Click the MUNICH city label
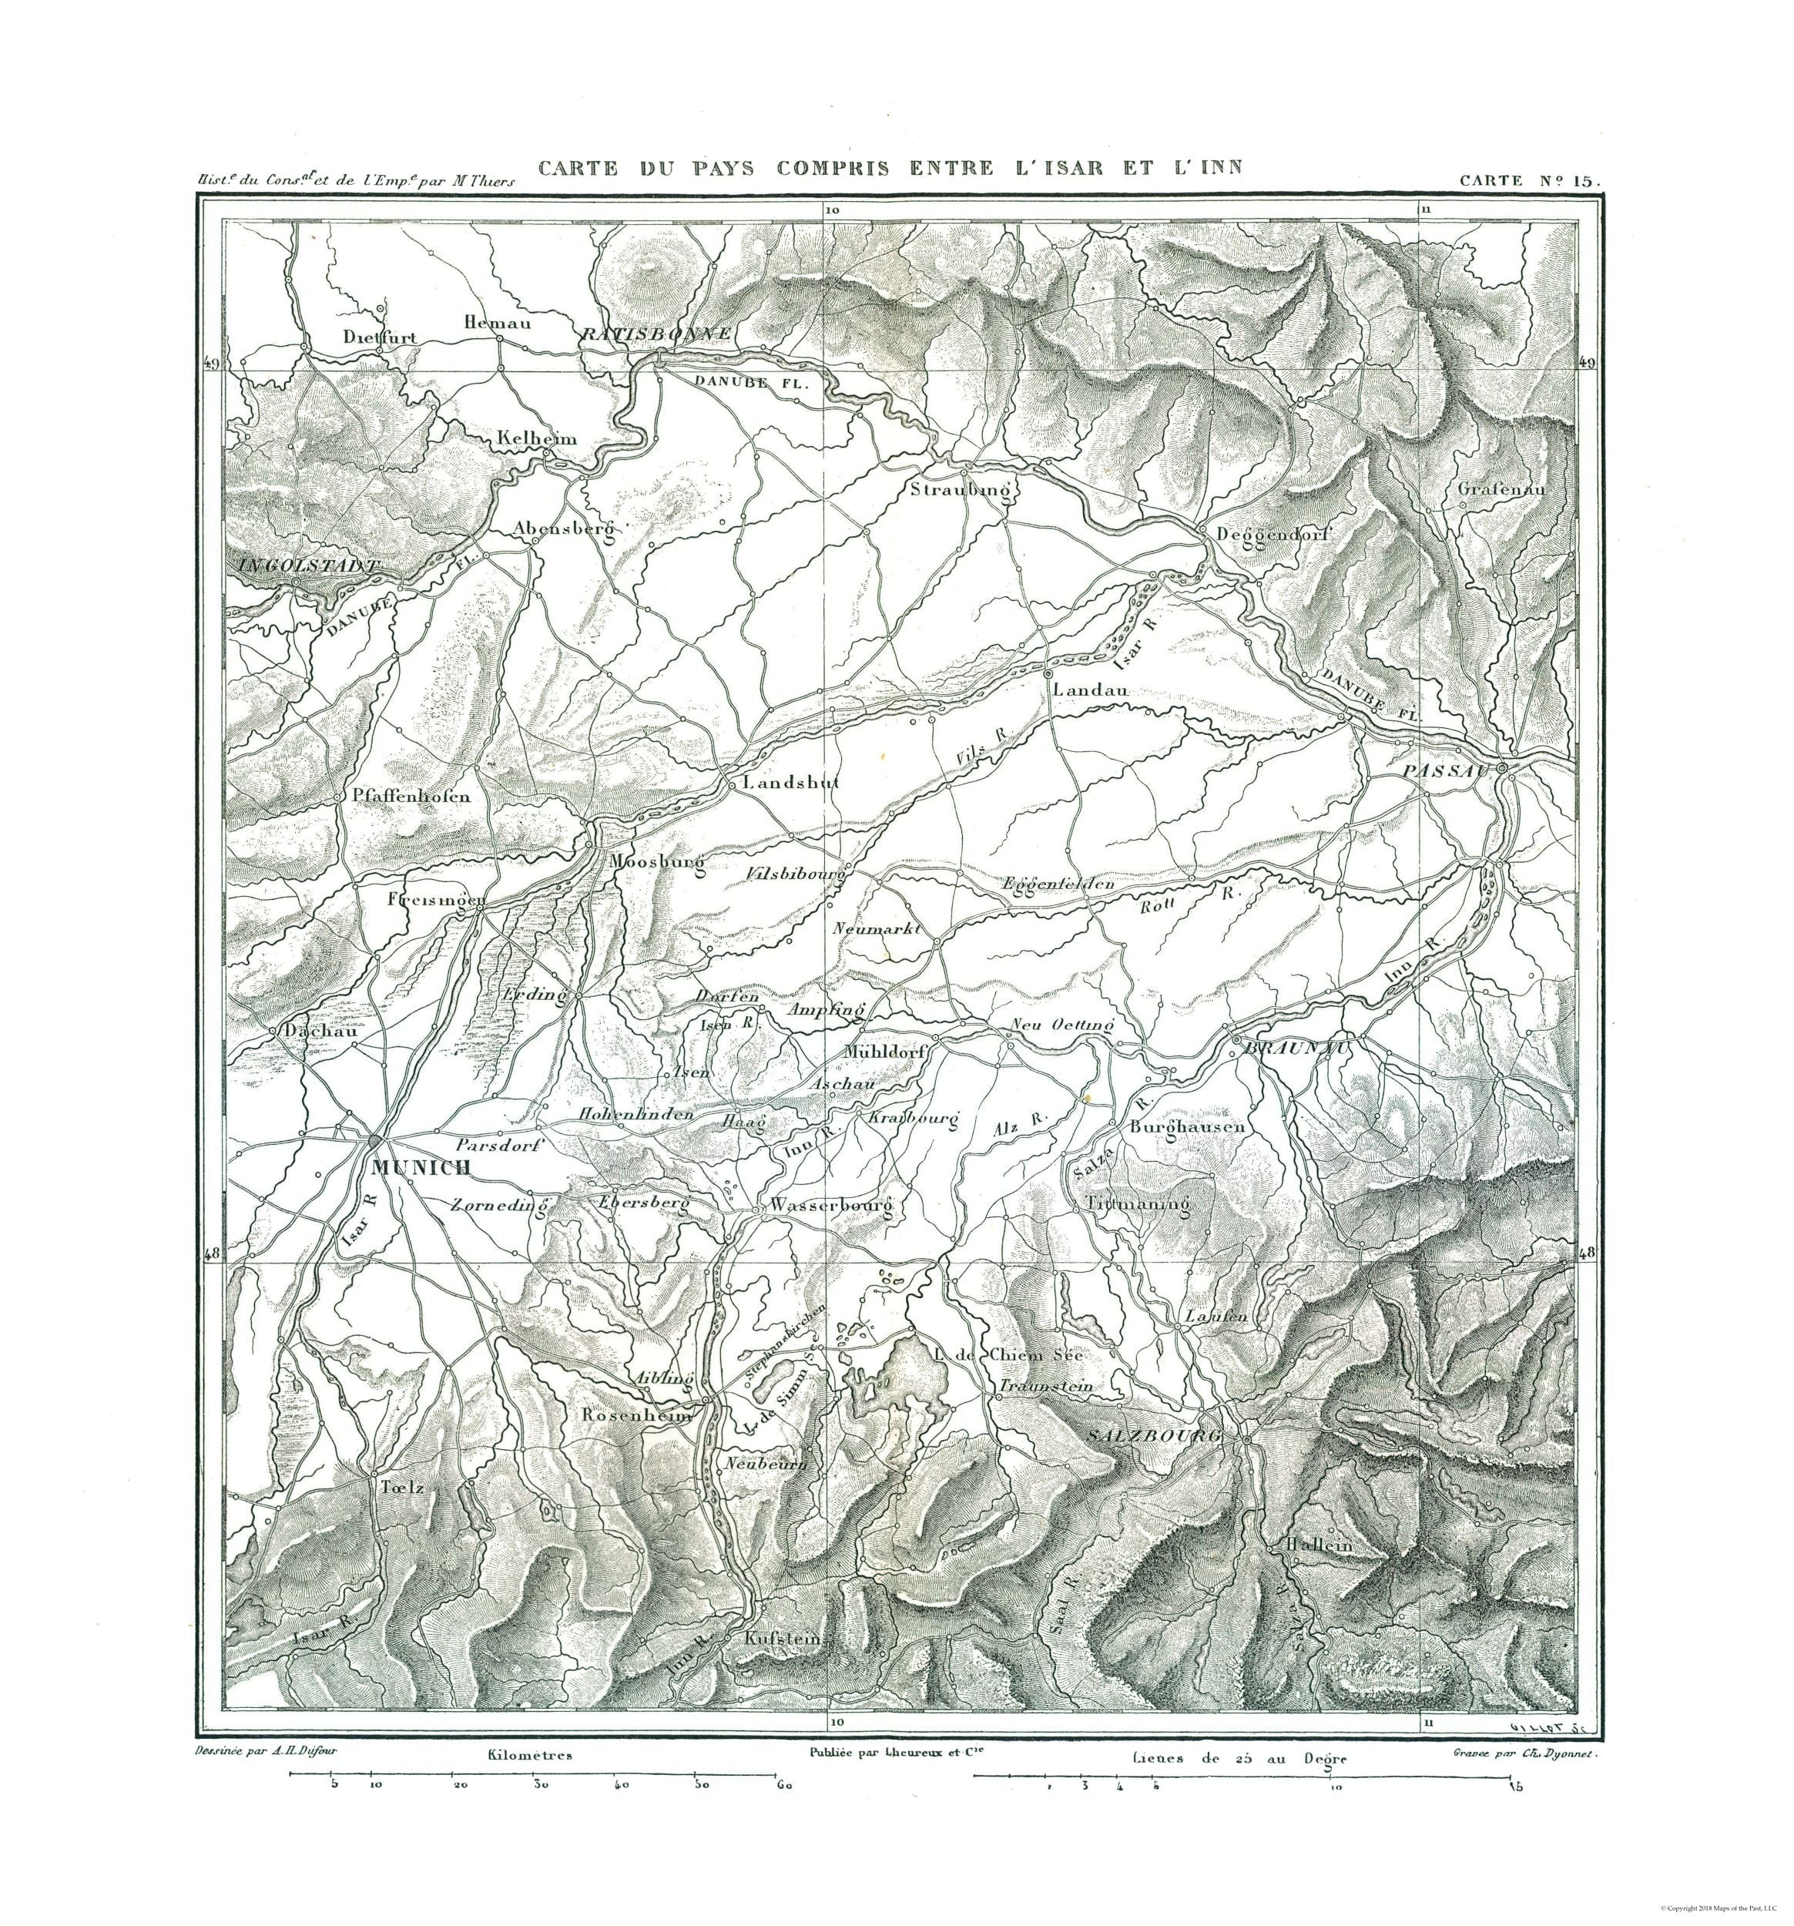[421, 1167]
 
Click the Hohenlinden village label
[636, 1114]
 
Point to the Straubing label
[960, 490]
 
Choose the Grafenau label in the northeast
[1501, 489]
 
